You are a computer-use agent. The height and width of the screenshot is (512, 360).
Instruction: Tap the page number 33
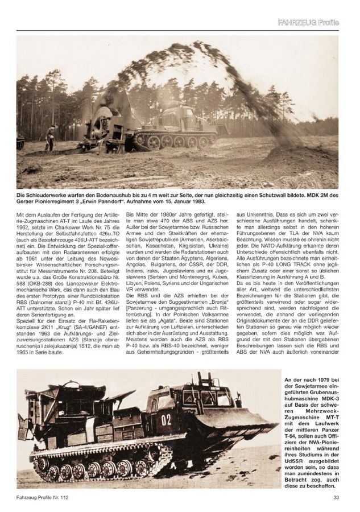click(x=336, y=498)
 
